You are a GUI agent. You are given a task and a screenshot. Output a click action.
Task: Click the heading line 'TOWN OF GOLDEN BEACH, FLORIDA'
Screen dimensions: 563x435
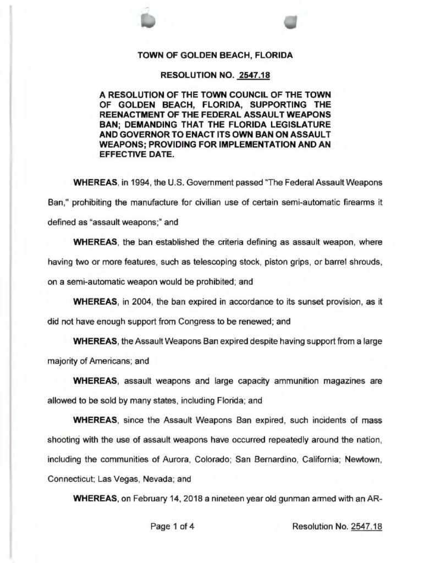click(214, 56)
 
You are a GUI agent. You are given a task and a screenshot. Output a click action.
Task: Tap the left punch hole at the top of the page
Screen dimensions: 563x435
click(147, 20)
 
